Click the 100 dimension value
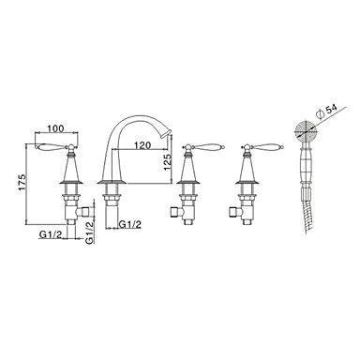click(x=56, y=128)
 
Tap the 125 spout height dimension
click(x=167, y=161)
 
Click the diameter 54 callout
click(x=327, y=112)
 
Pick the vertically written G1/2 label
click(x=90, y=232)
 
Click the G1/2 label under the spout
click(x=131, y=224)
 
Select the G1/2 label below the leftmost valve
click(x=50, y=234)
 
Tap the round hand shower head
click(x=307, y=132)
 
